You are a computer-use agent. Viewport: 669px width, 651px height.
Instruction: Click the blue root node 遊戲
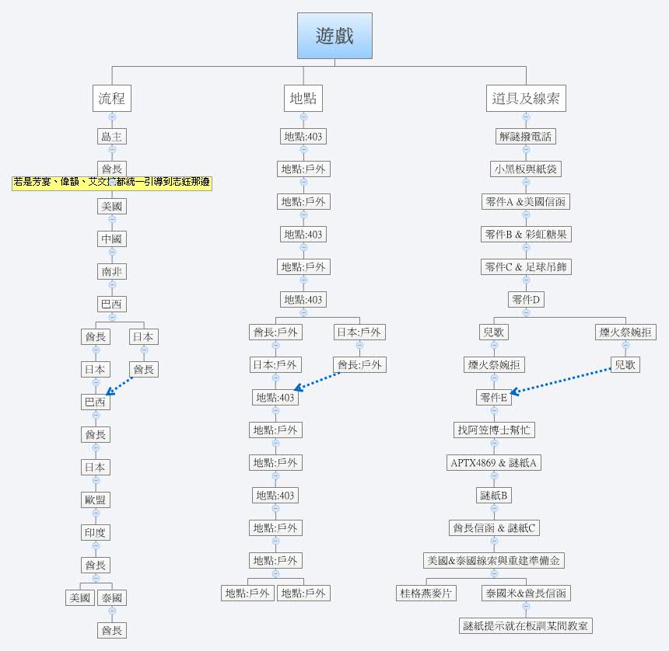[334, 36]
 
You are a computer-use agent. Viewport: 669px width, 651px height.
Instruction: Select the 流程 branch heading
[112, 99]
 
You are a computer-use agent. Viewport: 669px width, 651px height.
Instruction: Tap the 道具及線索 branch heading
[526, 99]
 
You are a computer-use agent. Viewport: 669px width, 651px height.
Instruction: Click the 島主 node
[112, 137]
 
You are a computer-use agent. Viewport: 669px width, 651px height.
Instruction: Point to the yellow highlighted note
[112, 183]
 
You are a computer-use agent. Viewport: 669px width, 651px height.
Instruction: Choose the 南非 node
[112, 272]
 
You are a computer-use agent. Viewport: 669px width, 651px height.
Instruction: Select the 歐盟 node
[96, 500]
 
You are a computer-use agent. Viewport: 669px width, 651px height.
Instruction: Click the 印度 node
[96, 533]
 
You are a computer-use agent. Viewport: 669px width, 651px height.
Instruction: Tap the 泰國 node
[112, 597]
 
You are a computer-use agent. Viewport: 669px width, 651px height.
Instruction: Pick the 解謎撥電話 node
[526, 137]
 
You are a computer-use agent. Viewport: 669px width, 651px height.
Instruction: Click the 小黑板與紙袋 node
[526, 169]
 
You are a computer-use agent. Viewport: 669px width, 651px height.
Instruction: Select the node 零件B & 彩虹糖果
[526, 235]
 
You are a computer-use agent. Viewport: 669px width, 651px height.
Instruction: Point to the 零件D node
[526, 300]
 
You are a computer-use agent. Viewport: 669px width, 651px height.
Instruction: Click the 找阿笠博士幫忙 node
[494, 430]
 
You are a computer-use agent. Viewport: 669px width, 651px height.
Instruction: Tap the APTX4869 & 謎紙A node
[494, 463]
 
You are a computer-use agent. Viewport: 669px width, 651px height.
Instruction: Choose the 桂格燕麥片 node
[426, 594]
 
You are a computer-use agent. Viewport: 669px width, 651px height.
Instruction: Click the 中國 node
[112, 239]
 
